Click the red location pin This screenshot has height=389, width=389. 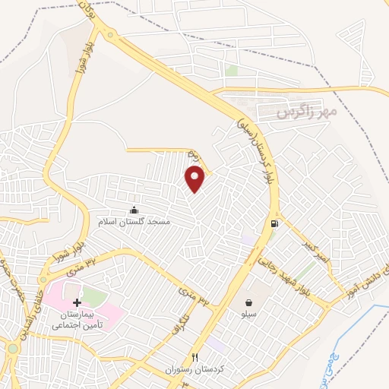[195, 179]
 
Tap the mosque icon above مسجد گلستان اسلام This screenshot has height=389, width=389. [134, 210]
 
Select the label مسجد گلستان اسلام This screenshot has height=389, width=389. [134, 222]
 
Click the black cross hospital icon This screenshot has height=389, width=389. [77, 302]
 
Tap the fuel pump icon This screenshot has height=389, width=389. [274, 223]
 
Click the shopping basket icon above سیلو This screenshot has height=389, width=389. [249, 302]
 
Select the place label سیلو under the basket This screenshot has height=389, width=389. [249, 313]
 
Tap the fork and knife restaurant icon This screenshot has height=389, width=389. [195, 356]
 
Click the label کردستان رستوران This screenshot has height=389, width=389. [195, 369]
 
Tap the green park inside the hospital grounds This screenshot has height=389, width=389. [93, 296]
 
